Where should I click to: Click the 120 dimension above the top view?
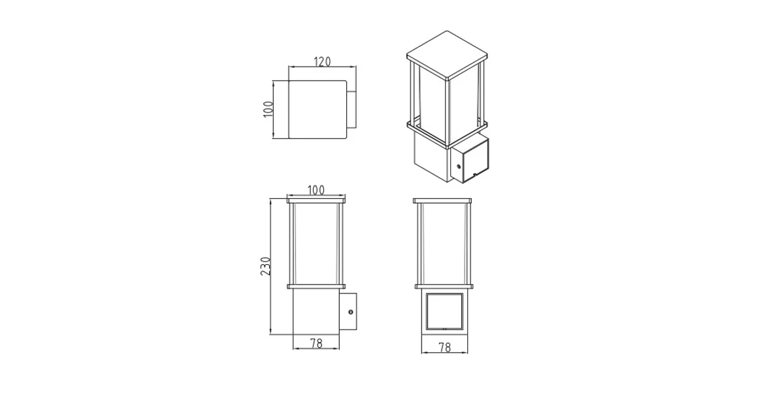[x=322, y=62]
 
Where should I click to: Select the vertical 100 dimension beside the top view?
[x=267, y=109]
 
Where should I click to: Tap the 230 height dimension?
[x=265, y=266]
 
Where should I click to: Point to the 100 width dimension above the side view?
[x=316, y=190]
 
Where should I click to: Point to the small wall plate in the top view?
[x=352, y=110]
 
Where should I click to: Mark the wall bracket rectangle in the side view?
[x=348, y=313]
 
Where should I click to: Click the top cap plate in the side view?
[x=316, y=199]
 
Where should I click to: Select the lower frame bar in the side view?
[x=316, y=285]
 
